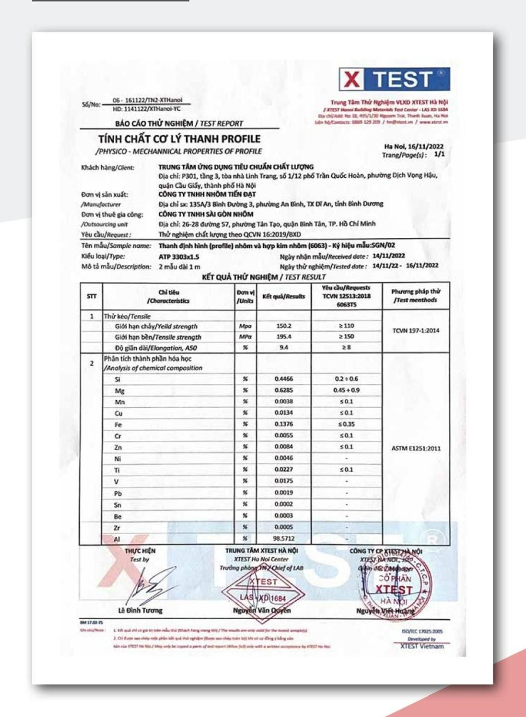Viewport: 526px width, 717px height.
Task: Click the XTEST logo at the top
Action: click(394, 79)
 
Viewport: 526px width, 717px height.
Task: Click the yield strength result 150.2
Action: click(283, 326)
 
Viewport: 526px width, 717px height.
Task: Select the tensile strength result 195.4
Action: click(283, 337)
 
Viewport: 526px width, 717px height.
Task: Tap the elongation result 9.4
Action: click(283, 348)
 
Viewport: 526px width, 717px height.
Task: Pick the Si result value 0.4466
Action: click(284, 379)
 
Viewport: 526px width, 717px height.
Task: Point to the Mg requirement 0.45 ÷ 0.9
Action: click(346, 390)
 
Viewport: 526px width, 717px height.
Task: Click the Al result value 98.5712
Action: click(284, 538)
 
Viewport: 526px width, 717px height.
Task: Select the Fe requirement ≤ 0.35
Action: click(346, 424)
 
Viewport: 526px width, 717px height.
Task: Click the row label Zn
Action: click(118, 447)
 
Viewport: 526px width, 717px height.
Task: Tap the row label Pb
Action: click(118, 494)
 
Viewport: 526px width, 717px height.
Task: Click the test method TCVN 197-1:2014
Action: click(416, 331)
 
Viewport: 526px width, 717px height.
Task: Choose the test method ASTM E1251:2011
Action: click(416, 448)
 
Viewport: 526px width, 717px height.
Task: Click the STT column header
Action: click(91, 296)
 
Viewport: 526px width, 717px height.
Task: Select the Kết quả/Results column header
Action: click(284, 296)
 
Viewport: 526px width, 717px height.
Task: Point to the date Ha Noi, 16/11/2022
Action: click(414, 146)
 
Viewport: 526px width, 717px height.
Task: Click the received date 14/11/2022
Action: click(388, 256)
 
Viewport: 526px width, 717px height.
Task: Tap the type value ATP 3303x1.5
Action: click(179, 257)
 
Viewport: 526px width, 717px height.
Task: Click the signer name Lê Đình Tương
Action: click(140, 610)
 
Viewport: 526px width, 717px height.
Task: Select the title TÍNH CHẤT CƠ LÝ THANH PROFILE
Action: click(179, 139)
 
